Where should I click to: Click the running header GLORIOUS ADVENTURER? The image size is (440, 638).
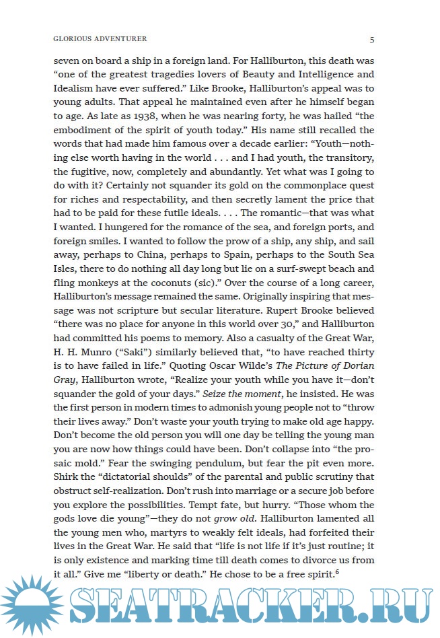point(100,39)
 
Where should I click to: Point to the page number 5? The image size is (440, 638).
point(372,39)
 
